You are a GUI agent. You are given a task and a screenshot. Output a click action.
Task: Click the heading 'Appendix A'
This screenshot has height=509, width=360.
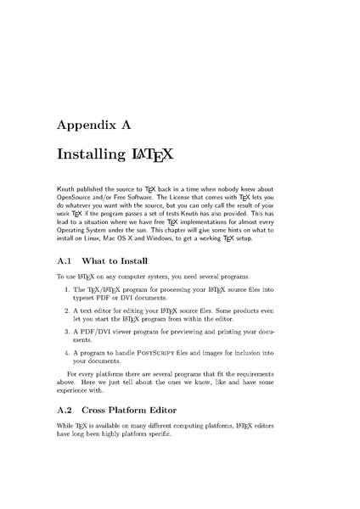(93, 125)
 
